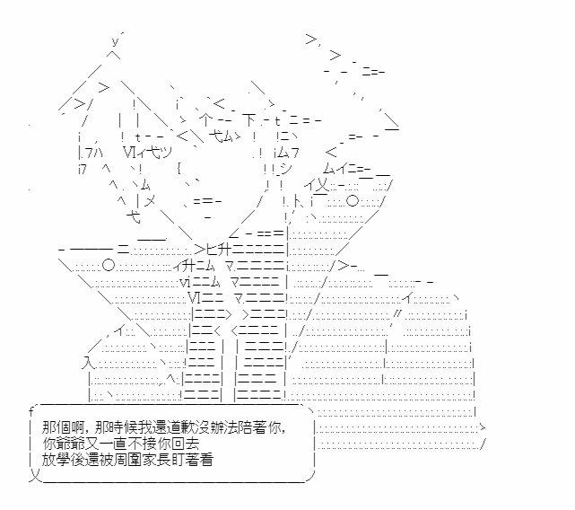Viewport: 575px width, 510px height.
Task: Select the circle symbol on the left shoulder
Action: tap(108, 264)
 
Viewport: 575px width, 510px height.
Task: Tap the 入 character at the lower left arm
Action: tap(88, 363)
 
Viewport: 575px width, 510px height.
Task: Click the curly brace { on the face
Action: tap(180, 167)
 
